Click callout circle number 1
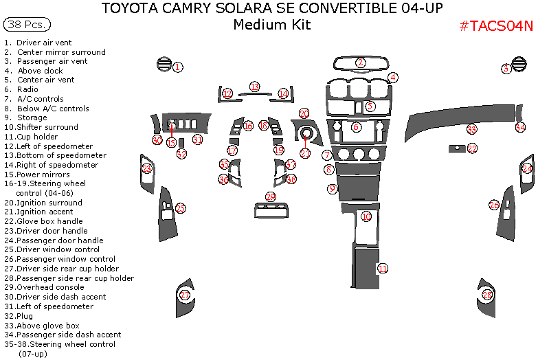point(177,67)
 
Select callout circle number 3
point(506,68)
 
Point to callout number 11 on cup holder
point(383,268)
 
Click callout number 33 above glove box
point(471,129)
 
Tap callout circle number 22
point(472,148)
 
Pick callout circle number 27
point(184,295)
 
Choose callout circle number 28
point(487,295)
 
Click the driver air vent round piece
point(163,65)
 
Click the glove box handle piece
point(454,148)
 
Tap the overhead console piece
point(270,209)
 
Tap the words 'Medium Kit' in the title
point(271,25)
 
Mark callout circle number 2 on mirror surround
point(361,63)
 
